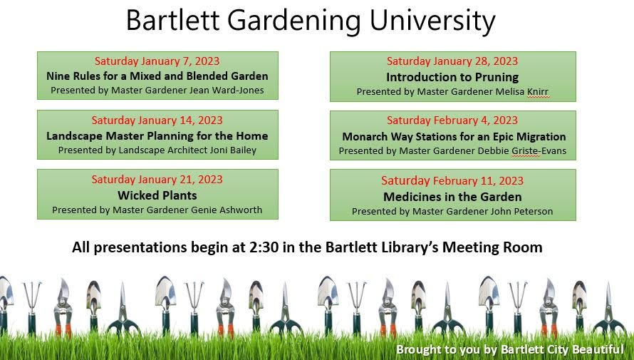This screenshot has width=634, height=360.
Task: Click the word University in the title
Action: pos(432,21)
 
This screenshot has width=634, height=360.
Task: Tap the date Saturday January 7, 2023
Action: pos(157,61)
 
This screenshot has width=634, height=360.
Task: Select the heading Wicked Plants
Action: pos(157,195)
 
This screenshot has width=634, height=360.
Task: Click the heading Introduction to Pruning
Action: pos(452,77)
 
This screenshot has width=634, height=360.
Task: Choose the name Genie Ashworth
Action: pos(229,210)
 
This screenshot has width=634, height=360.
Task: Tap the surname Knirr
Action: pos(538,92)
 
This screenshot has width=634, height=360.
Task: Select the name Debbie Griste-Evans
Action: pos(522,151)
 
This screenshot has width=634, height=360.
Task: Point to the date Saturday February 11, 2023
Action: pos(452,180)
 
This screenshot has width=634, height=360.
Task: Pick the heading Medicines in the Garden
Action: pos(452,197)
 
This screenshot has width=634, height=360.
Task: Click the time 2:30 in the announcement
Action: pos(264,247)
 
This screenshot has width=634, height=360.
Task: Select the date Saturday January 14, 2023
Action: pos(157,120)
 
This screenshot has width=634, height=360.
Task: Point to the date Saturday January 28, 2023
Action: pos(452,61)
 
